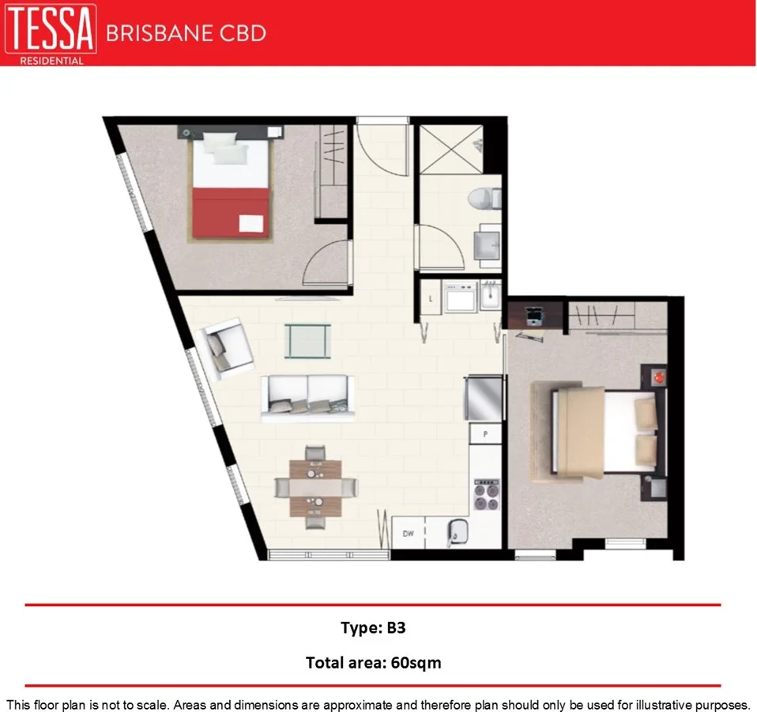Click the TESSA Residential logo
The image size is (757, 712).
(51, 33)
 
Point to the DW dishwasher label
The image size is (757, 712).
(409, 534)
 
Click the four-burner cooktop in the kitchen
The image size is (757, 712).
(486, 496)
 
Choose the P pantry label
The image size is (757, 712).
(485, 434)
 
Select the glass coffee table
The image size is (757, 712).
(307, 341)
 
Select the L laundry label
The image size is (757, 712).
(429, 298)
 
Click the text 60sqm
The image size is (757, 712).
(416, 663)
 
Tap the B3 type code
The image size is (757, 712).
(396, 629)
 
